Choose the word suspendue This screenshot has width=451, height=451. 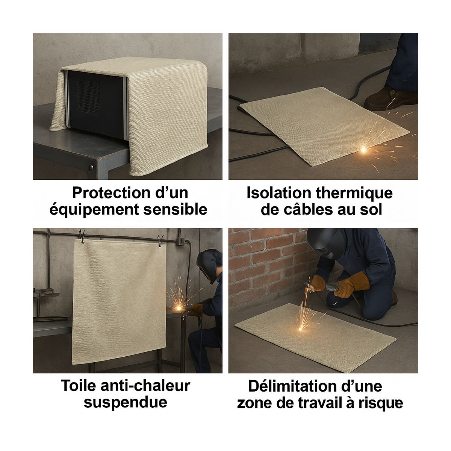125,402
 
